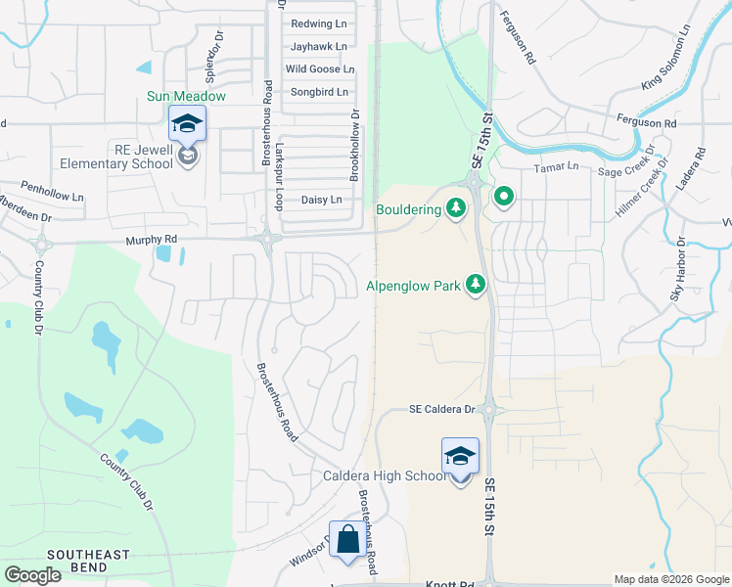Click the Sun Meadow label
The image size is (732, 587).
click(186, 97)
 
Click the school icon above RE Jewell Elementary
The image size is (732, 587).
click(187, 123)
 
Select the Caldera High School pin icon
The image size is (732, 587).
click(460, 456)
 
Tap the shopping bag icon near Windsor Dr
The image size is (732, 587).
click(347, 539)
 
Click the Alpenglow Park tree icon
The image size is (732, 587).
click(476, 285)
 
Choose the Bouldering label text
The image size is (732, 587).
click(408, 208)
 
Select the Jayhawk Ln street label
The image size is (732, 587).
click(318, 46)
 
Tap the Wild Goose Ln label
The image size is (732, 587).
click(319, 69)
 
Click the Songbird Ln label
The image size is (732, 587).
click(319, 92)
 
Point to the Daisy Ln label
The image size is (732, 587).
click(322, 200)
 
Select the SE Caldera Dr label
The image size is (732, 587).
click(441, 410)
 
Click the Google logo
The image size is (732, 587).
click(32, 575)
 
